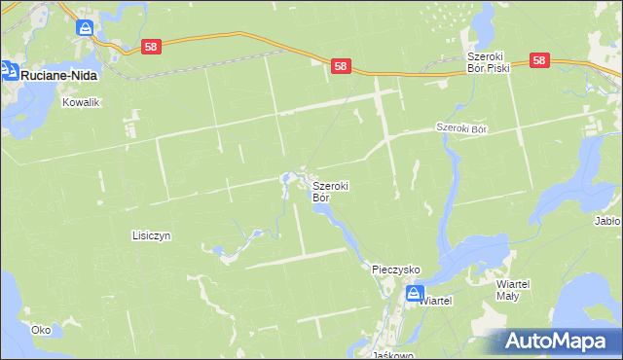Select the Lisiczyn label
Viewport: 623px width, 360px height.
[151, 235]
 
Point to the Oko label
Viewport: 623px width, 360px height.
[41, 330]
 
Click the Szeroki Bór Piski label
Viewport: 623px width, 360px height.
[487, 62]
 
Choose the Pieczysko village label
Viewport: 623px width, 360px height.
[396, 269]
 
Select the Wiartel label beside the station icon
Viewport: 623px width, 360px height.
[436, 302]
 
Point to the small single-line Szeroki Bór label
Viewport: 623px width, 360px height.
[460, 128]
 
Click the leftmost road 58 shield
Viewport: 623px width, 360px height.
[150, 46]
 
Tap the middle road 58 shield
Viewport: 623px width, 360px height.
[340, 65]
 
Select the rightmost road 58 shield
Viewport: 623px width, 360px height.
[540, 60]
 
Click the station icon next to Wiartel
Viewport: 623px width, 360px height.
[415, 293]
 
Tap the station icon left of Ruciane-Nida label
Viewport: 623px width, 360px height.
[9, 70]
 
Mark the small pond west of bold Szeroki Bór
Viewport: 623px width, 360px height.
[286, 178]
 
